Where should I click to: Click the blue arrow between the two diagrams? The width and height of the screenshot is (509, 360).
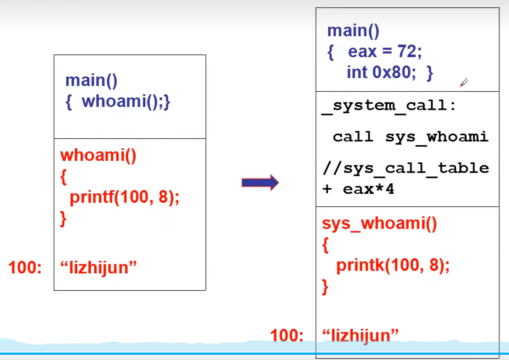pos(260,182)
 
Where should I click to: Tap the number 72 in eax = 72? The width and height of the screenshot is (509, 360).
pos(407,52)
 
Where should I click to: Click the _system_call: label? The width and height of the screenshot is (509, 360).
pos(389,106)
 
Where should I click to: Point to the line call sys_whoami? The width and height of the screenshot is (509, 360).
pos(410,137)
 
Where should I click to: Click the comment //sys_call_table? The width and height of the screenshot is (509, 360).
pos(406,168)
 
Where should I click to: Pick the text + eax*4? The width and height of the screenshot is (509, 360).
pos(358,190)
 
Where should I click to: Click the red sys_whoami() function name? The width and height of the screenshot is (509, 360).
pos(379,223)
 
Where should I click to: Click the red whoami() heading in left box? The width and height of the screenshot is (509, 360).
pos(98,155)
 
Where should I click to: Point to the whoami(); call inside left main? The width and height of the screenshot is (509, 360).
pos(126,102)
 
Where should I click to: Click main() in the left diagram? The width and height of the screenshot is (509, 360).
pos(91,80)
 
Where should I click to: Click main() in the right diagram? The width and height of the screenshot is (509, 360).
pos(353,31)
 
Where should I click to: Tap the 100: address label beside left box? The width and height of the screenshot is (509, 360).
pos(25,267)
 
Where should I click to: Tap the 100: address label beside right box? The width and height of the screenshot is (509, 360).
pos(286,336)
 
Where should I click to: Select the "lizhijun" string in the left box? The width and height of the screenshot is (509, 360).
pos(99,267)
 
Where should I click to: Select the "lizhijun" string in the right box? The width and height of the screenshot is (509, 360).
pos(361,336)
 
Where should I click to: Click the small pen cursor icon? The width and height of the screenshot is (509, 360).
pos(464,82)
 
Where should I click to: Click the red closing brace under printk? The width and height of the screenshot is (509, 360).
pos(325,287)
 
